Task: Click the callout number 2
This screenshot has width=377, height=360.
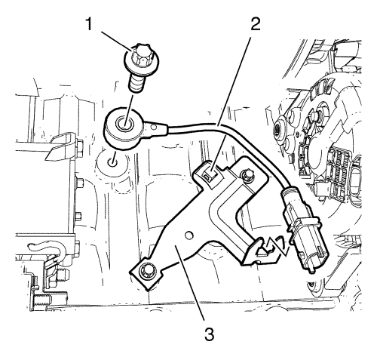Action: click(x=256, y=24)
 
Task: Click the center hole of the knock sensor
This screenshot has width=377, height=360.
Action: click(x=124, y=123)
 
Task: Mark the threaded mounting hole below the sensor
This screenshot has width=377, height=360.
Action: click(x=112, y=162)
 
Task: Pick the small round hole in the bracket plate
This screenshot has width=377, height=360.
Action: click(x=188, y=235)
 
